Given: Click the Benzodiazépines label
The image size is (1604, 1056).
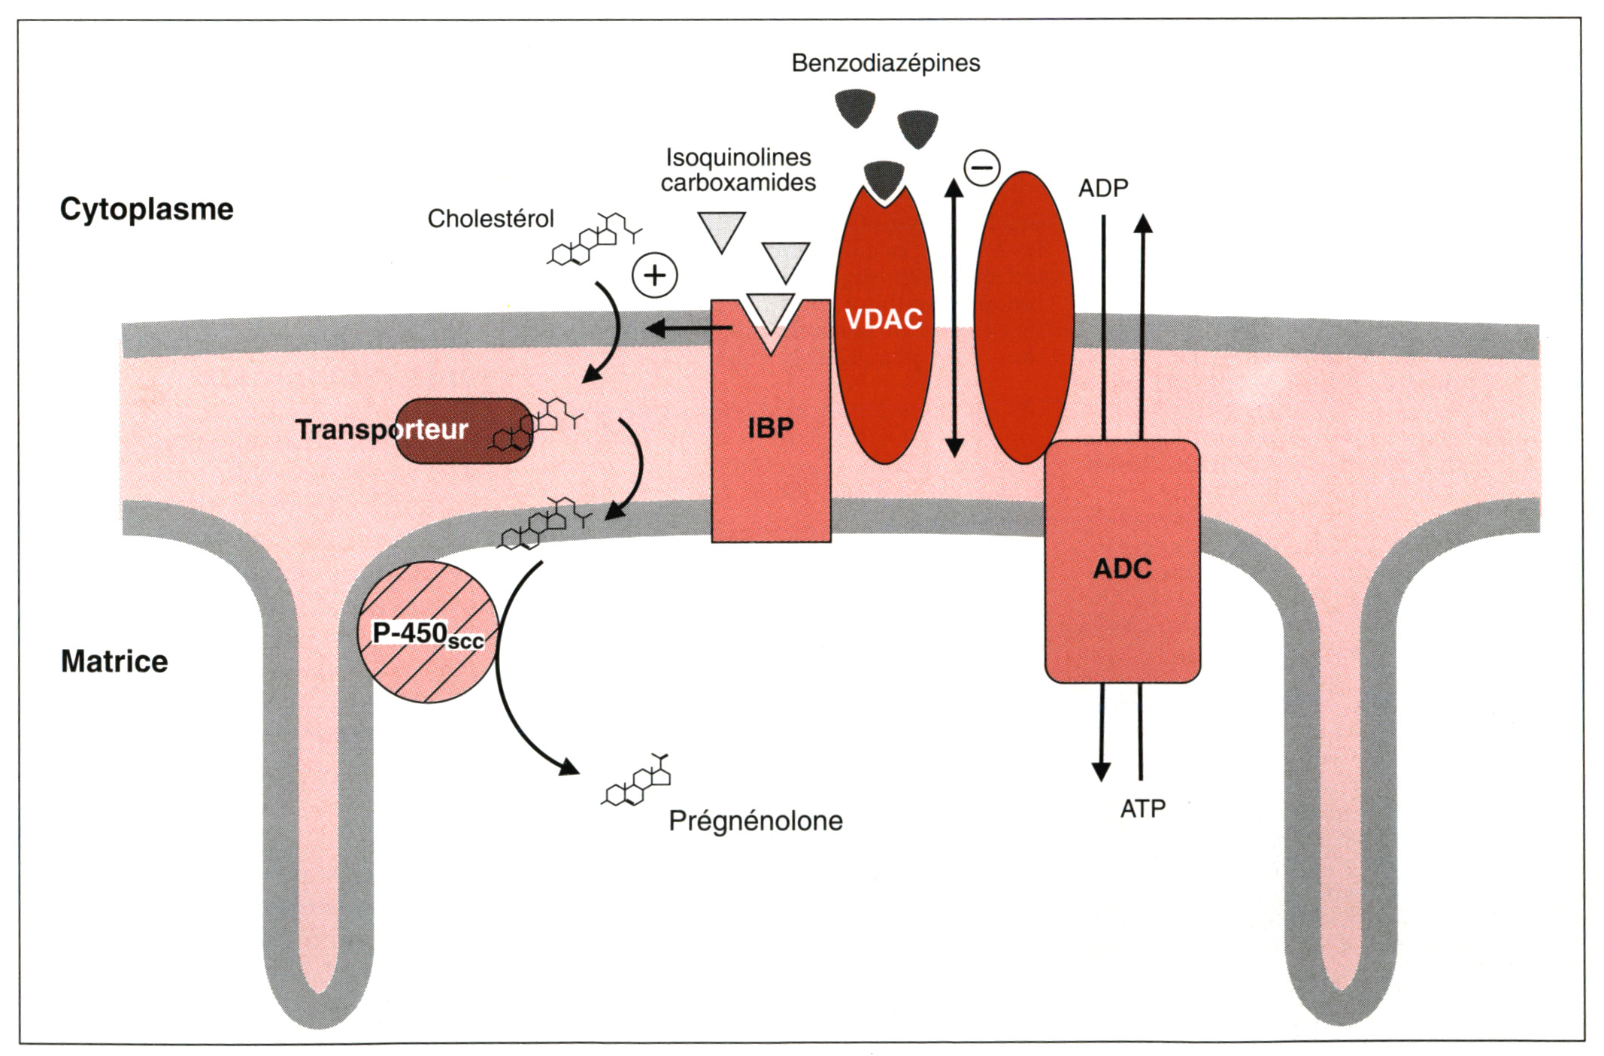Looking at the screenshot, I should point(885,63).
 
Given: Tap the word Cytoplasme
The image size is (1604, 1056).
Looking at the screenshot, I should point(147,209).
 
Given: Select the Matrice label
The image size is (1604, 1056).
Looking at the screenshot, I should point(114,662).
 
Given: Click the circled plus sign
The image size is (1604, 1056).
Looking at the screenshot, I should point(655,275).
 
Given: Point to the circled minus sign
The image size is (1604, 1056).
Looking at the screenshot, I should point(982,167).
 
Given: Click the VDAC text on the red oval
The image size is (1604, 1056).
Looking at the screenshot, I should point(884,320).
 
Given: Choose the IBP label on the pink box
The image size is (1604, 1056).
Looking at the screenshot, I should point(771,429).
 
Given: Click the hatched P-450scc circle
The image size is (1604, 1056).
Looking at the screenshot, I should point(427,632).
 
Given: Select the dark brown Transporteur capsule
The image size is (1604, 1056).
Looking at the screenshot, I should point(462,430).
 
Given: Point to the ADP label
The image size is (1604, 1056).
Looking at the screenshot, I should point(1103,188).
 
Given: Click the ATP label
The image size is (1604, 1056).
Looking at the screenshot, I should point(1142,809).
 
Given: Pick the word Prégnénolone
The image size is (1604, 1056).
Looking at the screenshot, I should point(756,821).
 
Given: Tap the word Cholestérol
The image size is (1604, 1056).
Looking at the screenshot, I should point(490,219).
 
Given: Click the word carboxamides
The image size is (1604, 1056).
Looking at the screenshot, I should point(738,183).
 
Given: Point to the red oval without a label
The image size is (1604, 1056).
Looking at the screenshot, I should point(1023,317).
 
